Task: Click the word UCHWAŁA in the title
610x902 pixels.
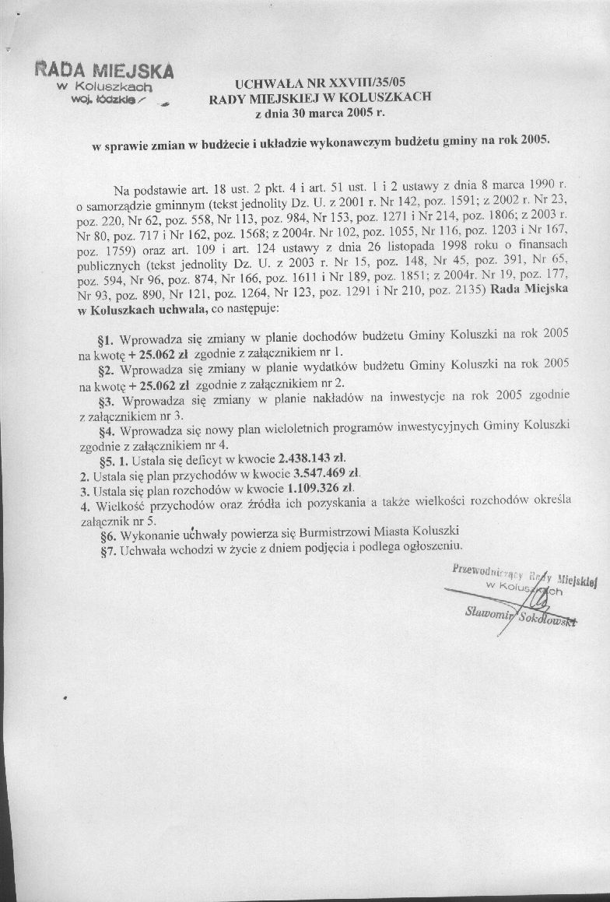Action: (266, 82)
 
